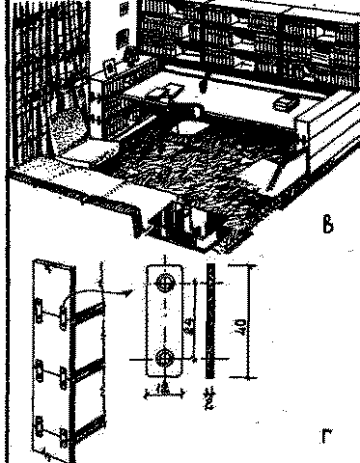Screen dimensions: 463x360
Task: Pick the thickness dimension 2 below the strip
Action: point(209,395)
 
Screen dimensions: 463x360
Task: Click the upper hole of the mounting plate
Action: point(166,284)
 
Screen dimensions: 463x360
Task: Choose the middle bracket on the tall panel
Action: point(60,371)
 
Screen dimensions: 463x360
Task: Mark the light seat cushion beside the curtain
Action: point(92,152)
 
